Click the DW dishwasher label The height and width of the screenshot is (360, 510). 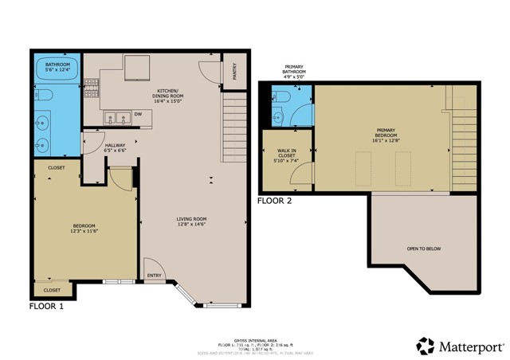pyautogui.click(x=137, y=114)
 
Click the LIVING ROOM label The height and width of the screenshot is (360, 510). pyautogui.click(x=191, y=221)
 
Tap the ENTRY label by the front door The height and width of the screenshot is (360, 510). pyautogui.click(x=154, y=276)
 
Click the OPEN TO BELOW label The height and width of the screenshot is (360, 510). pyautogui.click(x=423, y=249)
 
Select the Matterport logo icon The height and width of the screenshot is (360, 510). pyautogui.click(x=426, y=346)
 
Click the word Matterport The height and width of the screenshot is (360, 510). pyautogui.click(x=472, y=346)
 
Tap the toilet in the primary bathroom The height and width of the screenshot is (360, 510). pyautogui.click(x=279, y=98)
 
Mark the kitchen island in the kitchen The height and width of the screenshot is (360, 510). pyautogui.click(x=137, y=67)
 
